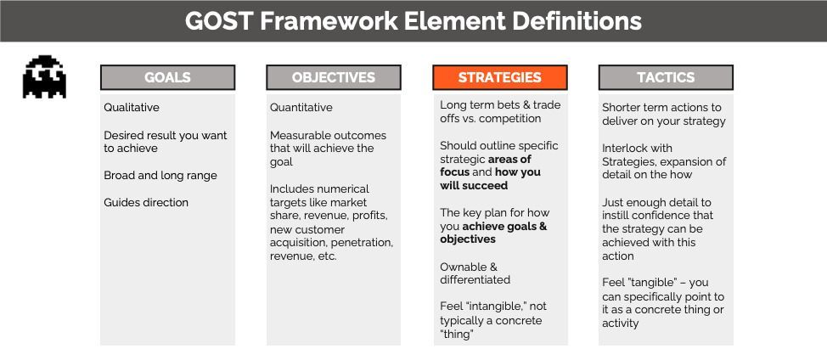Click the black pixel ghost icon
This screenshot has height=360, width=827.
44,77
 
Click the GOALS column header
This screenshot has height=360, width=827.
167,77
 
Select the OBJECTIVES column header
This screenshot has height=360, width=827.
333,77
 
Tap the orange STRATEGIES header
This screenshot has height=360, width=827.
499,77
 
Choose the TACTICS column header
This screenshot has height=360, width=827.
666,77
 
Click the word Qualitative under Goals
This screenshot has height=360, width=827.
132,108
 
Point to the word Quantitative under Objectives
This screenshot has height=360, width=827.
301,108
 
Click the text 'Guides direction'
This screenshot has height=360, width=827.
146,203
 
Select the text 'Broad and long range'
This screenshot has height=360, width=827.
160,176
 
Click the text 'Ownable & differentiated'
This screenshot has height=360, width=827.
475,273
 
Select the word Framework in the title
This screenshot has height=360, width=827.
329,20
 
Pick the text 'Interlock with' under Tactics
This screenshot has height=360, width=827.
637,149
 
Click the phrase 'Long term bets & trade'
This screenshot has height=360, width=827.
500,105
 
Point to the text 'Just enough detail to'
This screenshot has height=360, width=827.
657,202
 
